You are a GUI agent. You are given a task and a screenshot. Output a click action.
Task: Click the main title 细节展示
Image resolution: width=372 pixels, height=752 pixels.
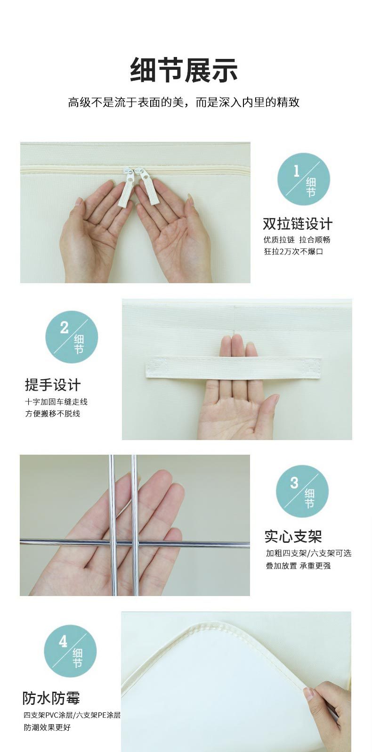(184, 70)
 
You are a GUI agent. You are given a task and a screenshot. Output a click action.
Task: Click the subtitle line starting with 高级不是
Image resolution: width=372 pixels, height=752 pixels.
(184, 102)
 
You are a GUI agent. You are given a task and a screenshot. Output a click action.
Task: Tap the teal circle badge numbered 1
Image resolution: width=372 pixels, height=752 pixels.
(303, 179)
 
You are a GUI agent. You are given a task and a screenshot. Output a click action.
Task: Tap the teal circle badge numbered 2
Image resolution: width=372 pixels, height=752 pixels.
(72, 336)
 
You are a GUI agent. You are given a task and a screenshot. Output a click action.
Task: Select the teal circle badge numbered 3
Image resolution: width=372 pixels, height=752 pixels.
(302, 491)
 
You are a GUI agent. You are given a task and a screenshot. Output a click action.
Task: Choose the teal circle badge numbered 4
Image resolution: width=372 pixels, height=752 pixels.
(70, 651)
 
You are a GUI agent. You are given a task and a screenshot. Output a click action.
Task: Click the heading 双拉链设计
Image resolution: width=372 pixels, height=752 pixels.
(298, 223)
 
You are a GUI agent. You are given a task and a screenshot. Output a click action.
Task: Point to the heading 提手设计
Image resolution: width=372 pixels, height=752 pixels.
(53, 385)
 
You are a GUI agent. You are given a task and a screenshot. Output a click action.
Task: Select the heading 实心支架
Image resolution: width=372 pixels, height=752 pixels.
(293, 536)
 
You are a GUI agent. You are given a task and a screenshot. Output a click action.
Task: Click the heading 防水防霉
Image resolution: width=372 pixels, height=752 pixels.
(51, 698)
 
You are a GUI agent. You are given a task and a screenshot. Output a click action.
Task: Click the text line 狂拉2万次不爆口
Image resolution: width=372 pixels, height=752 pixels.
(293, 252)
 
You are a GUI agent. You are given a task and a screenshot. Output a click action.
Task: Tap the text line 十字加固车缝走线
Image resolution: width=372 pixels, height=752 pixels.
(57, 402)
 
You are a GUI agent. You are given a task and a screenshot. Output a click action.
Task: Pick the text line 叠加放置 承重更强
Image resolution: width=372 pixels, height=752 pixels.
(298, 565)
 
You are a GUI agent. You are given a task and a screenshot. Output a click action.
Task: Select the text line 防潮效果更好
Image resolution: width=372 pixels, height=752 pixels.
(47, 727)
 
